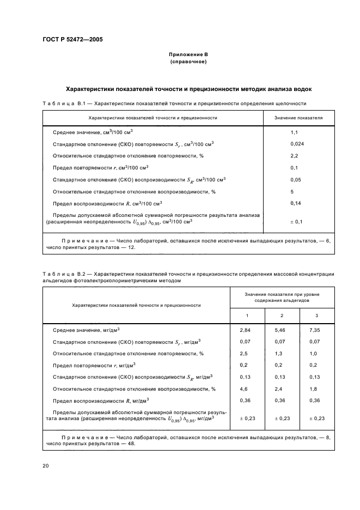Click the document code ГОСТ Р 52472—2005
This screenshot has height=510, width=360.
pos(72,40)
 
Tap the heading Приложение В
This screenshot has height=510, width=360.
pos(188,55)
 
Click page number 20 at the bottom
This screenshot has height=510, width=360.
pos(45,466)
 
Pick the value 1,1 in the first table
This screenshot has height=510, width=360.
pos(295,132)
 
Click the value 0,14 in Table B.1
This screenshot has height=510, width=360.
pos(296,203)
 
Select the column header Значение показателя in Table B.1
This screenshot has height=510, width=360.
pos(298,117)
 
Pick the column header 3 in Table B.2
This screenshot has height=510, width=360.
pos(317,316)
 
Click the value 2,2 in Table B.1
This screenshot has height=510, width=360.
pos(295,156)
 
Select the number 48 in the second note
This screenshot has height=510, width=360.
pos(131,444)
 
